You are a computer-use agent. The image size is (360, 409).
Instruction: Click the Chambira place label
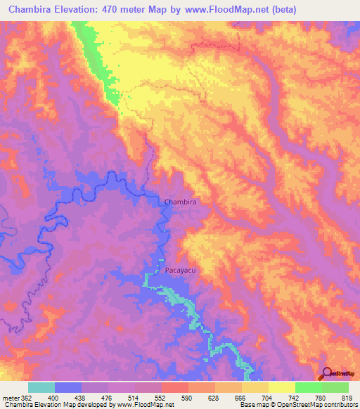pos(179,202)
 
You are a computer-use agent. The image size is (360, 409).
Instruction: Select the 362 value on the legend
pos(18,397)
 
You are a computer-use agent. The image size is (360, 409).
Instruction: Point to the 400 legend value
pos(44,397)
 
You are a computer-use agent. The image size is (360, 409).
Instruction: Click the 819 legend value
pos(347,397)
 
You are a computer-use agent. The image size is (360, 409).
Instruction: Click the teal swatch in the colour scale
pos(41,387)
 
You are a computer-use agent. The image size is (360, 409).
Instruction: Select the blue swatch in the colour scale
pos(68,387)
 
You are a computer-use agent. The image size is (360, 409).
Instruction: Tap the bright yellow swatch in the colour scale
pos(282,387)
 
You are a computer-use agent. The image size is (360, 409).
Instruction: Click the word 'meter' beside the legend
pos(8,397)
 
